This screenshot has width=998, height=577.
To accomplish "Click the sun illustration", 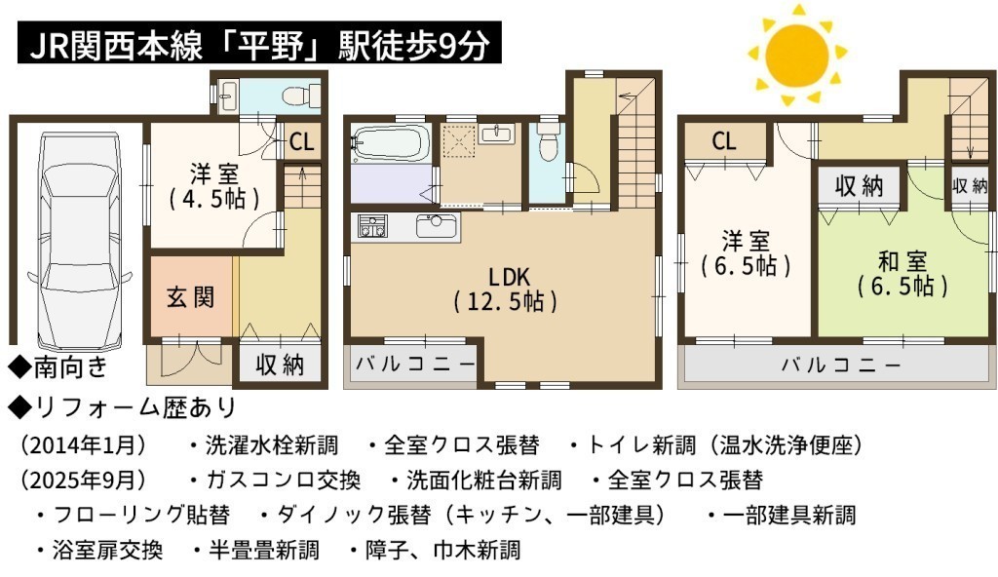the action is (x=797, y=55).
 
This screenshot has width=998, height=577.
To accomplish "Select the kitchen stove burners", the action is (x=372, y=226).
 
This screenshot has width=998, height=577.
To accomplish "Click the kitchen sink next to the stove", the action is (x=436, y=226).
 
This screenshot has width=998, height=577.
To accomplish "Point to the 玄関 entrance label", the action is (x=190, y=297).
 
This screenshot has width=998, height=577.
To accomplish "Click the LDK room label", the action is (x=507, y=288).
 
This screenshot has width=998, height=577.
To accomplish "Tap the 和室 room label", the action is (x=902, y=274).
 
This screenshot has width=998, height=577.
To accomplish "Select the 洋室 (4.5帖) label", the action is (x=213, y=186).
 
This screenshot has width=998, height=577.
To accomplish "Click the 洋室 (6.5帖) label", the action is (x=746, y=253).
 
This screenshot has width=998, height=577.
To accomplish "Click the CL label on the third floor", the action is (x=724, y=140).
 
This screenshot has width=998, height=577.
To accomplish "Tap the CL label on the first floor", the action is (x=302, y=141).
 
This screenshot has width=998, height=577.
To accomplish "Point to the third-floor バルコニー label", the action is (x=841, y=365).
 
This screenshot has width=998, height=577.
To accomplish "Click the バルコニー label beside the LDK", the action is (x=415, y=364).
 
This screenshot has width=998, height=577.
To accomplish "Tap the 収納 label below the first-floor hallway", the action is (x=280, y=365).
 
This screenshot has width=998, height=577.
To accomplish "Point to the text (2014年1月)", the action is (x=84, y=444).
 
